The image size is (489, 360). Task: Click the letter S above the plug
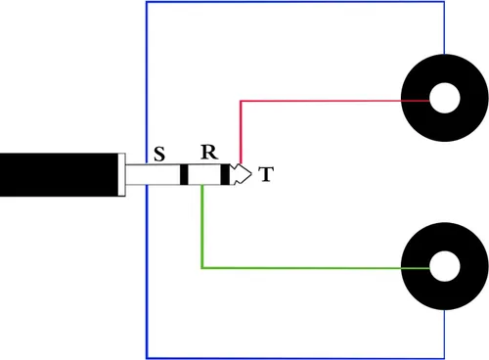159,155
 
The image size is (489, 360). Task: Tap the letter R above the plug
209,152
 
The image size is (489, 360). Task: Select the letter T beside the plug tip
266,174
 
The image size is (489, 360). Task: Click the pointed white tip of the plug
242,174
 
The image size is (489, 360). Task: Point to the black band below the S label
184,175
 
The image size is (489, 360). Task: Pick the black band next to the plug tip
225,174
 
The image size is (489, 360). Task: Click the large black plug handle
59,175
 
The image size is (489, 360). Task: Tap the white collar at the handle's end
121,175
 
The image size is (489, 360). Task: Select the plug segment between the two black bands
204,175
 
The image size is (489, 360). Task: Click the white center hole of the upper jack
445,98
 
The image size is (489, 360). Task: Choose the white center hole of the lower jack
445,266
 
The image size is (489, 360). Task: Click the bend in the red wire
241,101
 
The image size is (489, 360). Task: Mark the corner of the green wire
202,268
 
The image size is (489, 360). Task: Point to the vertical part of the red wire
241,132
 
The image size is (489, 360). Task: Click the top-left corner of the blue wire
147,2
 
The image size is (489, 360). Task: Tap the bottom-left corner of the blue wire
147,358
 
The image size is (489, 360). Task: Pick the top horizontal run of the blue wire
295,2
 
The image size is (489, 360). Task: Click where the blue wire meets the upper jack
444,55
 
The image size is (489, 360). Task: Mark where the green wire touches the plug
202,185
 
